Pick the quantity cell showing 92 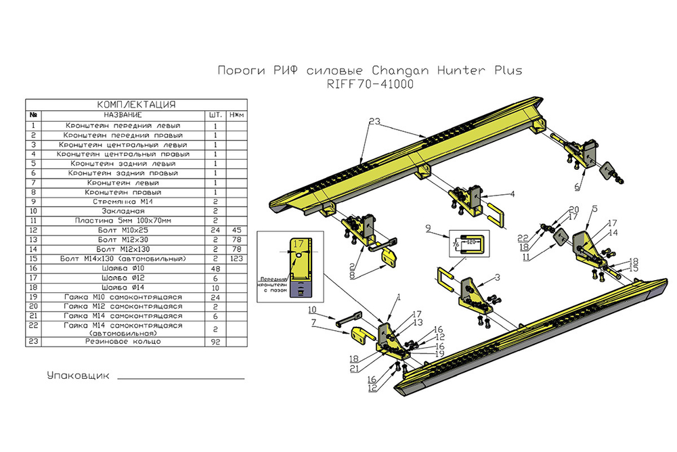pos(215,342)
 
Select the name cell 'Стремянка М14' pos(118,202)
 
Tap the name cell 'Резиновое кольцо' pos(118,342)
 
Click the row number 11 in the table pos(33,221)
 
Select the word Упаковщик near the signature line pos(78,375)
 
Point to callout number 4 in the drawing pos(512,194)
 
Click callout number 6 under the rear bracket pos(577,186)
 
